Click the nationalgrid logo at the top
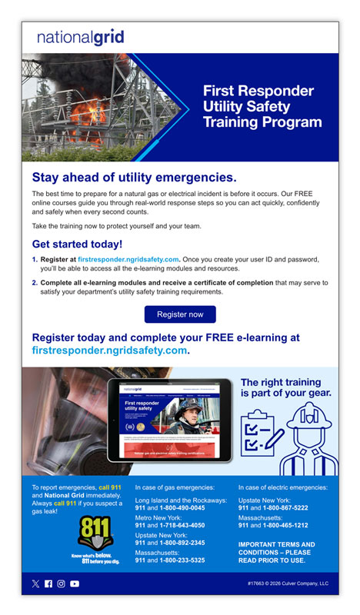pyautogui.click(x=80, y=37)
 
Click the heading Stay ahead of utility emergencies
pyautogui.click(x=134, y=178)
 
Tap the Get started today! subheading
pyautogui.click(x=77, y=244)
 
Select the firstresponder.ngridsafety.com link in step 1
pyautogui.click(x=128, y=260)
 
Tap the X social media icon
pyautogui.click(x=35, y=584)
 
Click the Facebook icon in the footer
pyautogui.click(x=48, y=584)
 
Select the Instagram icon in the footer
pyautogui.click(x=62, y=584)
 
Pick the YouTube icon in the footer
pyautogui.click(x=75, y=584)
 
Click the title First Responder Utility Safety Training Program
pyautogui.click(x=262, y=106)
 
